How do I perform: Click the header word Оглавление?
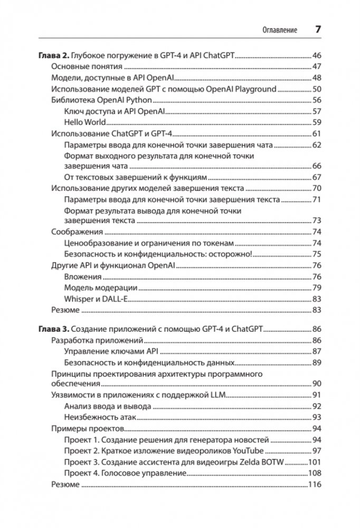(280, 30)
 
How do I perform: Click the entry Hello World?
(85, 122)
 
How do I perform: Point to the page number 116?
(315, 484)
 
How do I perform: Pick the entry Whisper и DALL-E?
(97, 299)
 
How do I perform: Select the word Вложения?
(82, 276)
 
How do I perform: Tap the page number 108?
(315, 473)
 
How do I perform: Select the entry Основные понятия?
(87, 66)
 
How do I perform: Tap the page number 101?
(315, 462)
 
